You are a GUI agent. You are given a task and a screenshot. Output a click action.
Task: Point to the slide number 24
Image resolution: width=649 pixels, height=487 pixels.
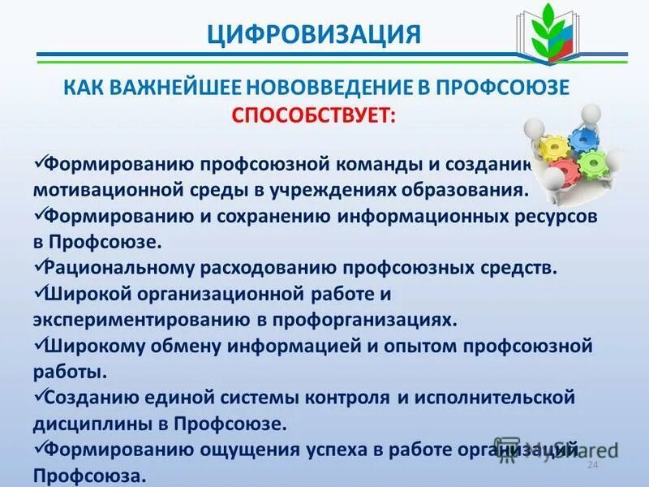[x=591, y=464]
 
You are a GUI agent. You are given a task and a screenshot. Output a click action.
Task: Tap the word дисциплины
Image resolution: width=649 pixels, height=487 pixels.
[x=85, y=423]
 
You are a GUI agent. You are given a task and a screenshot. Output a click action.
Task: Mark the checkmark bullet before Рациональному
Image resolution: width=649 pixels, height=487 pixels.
[x=38, y=265]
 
